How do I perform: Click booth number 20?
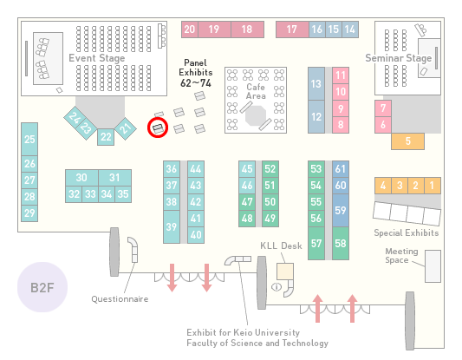pyautogui.click(x=190, y=29)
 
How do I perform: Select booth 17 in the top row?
pyautogui.click(x=292, y=29)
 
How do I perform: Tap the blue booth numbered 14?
pyautogui.click(x=350, y=29)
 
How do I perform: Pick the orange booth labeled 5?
pyautogui.click(x=407, y=141)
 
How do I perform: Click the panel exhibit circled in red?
pyautogui.click(x=158, y=128)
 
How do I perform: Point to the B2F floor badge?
pyautogui.click(x=42, y=287)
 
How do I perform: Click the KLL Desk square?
pyautogui.click(x=285, y=272)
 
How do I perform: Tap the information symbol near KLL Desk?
pyautogui.click(x=277, y=286)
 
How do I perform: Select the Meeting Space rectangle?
pyautogui.click(x=433, y=266)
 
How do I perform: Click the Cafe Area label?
pyautogui.click(x=256, y=91)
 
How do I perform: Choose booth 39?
pyautogui.click(x=172, y=226)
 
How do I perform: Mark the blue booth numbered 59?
pyautogui.click(x=341, y=210)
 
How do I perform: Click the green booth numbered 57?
pyautogui.click(x=316, y=243)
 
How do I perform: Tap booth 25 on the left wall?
pyautogui.click(x=29, y=139)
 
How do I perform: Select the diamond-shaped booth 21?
pyautogui.click(x=126, y=128)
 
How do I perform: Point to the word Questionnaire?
pyautogui.click(x=120, y=299)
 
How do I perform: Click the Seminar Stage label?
pyautogui.click(x=399, y=58)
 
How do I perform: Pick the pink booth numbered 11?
pyautogui.click(x=341, y=75)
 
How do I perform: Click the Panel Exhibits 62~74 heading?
pyautogui.click(x=196, y=73)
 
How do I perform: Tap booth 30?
pyautogui.click(x=81, y=178)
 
